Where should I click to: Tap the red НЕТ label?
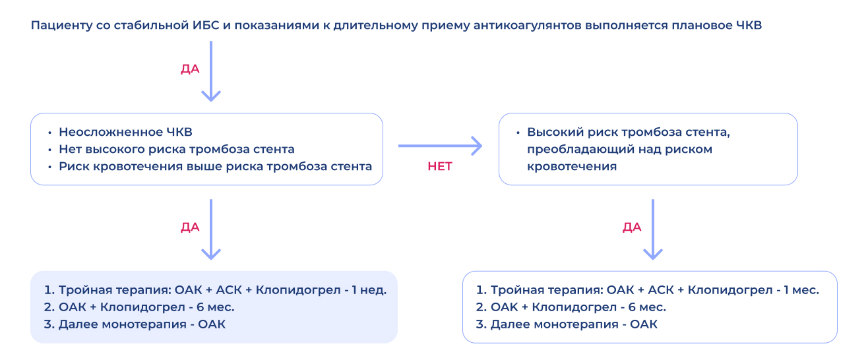click(x=440, y=166)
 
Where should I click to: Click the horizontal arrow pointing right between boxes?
click(x=440, y=146)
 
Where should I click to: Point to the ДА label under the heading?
click(x=190, y=69)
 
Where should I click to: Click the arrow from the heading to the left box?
click(x=211, y=71)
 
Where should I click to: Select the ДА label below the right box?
click(x=632, y=227)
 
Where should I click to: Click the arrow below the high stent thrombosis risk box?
click(x=653, y=229)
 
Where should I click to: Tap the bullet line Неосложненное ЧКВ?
click(x=125, y=132)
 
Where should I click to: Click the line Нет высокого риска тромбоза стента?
click(x=176, y=149)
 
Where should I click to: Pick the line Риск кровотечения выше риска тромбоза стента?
click(x=215, y=166)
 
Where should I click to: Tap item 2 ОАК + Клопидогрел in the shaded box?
click(x=139, y=307)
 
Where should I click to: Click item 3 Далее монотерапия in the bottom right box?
click(x=567, y=324)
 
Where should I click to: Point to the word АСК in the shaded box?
click(x=229, y=290)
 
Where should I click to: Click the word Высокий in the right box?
click(x=555, y=132)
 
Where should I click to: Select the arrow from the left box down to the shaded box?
click(x=211, y=229)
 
